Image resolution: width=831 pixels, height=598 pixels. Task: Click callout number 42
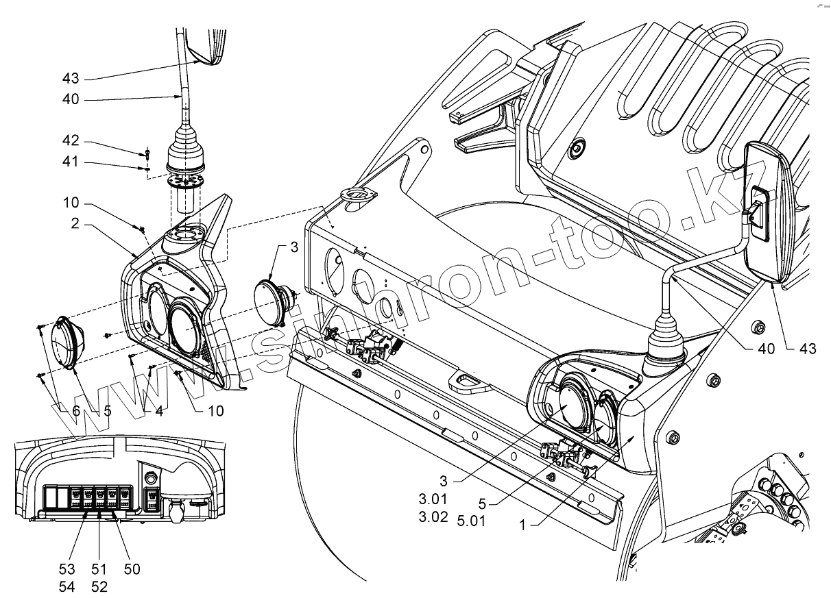pyautogui.click(x=71, y=141)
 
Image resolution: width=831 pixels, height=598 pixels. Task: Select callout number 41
pyautogui.click(x=71, y=162)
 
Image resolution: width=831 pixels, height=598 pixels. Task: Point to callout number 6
pyautogui.click(x=75, y=411)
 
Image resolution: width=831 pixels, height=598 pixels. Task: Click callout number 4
pyautogui.click(x=158, y=411)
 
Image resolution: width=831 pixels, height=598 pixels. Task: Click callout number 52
pyautogui.click(x=99, y=587)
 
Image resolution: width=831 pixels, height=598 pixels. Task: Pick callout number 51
pyautogui.click(x=99, y=569)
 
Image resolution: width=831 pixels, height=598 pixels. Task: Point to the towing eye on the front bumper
pyautogui.click(x=468, y=377)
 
